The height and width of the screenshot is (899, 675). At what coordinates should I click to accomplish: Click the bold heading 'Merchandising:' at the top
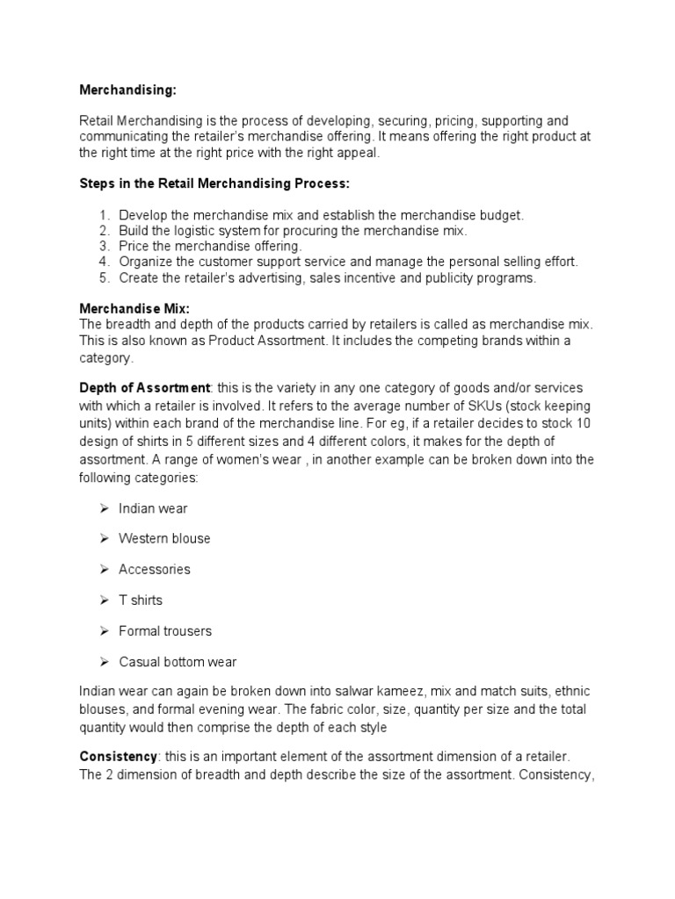[127, 90]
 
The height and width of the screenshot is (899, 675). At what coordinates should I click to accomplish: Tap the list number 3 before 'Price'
[103, 246]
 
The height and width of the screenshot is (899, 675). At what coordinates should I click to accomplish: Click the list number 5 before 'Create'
[103, 277]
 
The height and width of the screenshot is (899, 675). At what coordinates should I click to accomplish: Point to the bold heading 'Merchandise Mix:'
[134, 309]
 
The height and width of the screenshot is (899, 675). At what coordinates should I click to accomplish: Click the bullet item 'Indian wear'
[153, 508]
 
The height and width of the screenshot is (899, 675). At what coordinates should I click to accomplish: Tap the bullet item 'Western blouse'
[164, 538]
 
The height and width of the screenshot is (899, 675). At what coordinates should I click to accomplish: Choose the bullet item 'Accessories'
[155, 569]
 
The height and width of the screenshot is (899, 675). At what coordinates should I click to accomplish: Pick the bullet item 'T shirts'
[141, 601]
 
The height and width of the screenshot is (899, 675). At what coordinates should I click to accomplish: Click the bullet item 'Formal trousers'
[165, 631]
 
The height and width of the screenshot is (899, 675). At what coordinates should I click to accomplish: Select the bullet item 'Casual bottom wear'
[178, 662]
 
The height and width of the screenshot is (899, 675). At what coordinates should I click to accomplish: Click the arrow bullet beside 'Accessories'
[103, 569]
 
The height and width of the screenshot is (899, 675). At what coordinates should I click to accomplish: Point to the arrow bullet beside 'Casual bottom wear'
[103, 662]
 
